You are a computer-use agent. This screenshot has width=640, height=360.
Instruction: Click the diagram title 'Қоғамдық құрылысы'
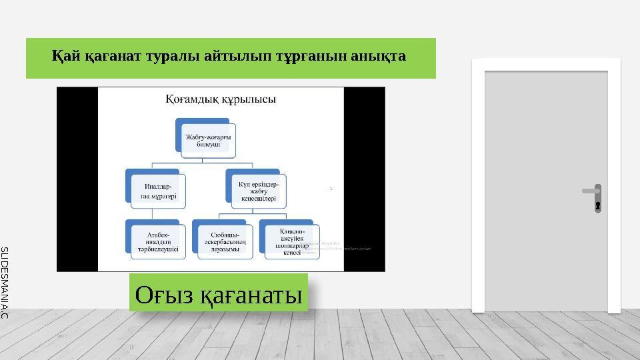[x=220, y=100]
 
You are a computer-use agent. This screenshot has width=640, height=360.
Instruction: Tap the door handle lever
[x=590, y=191]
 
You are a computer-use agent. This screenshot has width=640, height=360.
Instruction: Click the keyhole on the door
[x=598, y=205]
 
